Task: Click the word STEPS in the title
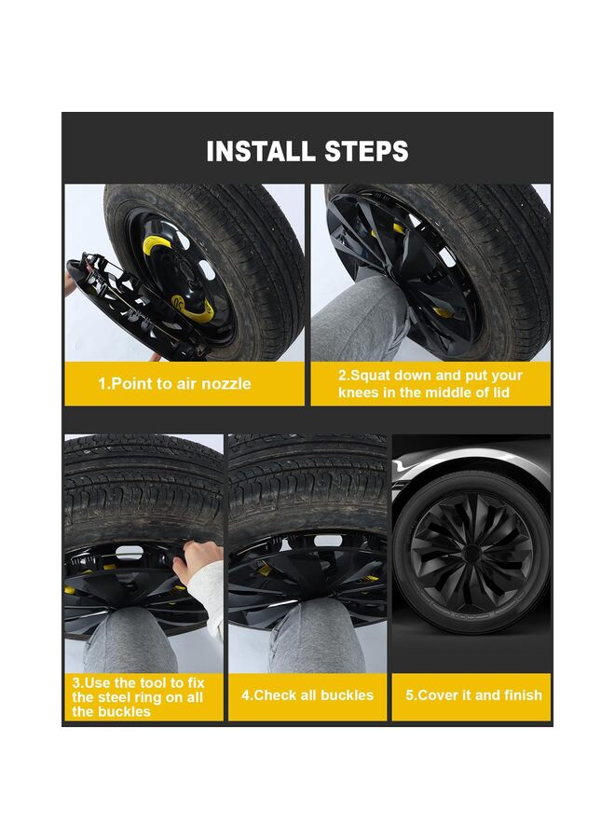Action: point(367,151)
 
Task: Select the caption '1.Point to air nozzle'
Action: point(174,384)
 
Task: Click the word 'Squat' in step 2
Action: point(370,375)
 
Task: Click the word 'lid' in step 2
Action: point(501,392)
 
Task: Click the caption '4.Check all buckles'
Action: point(307,695)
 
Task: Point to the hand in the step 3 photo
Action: point(198,563)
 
